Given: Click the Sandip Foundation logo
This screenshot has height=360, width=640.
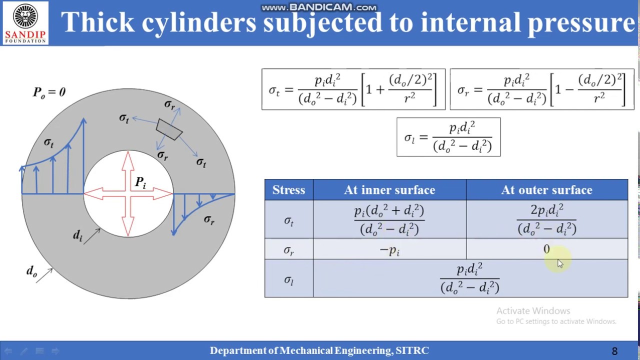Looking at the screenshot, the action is click(25, 23).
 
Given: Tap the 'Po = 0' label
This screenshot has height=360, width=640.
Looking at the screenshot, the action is click(49, 92).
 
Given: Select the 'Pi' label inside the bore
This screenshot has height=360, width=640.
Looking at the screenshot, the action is click(140, 183).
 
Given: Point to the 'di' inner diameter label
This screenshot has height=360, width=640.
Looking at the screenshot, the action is click(77, 235).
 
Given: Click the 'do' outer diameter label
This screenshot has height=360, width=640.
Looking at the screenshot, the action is click(31, 271).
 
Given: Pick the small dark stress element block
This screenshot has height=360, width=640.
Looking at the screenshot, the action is click(169, 129).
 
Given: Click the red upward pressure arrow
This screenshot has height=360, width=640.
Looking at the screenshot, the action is click(128, 167).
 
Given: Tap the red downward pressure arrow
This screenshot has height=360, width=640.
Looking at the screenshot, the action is click(128, 220).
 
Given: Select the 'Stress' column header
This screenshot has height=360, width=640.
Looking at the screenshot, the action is click(288, 190).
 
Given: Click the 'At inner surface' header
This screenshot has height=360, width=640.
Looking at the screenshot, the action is click(389, 190).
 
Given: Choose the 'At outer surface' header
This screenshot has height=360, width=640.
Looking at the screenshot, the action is click(546, 190).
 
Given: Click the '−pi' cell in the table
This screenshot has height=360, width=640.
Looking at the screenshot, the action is click(389, 250).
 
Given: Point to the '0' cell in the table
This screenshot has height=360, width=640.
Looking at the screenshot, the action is click(546, 249).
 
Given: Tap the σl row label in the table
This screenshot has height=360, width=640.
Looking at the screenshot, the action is click(288, 280).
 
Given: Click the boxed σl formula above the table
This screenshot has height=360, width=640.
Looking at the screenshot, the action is click(448, 137).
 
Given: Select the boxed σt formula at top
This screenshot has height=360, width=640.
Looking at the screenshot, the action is click(353, 89).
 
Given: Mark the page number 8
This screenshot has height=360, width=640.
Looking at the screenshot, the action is click(614, 351).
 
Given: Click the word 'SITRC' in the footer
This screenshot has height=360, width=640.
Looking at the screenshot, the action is click(412, 351).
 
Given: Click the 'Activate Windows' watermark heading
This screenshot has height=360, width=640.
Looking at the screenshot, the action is click(533, 311).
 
